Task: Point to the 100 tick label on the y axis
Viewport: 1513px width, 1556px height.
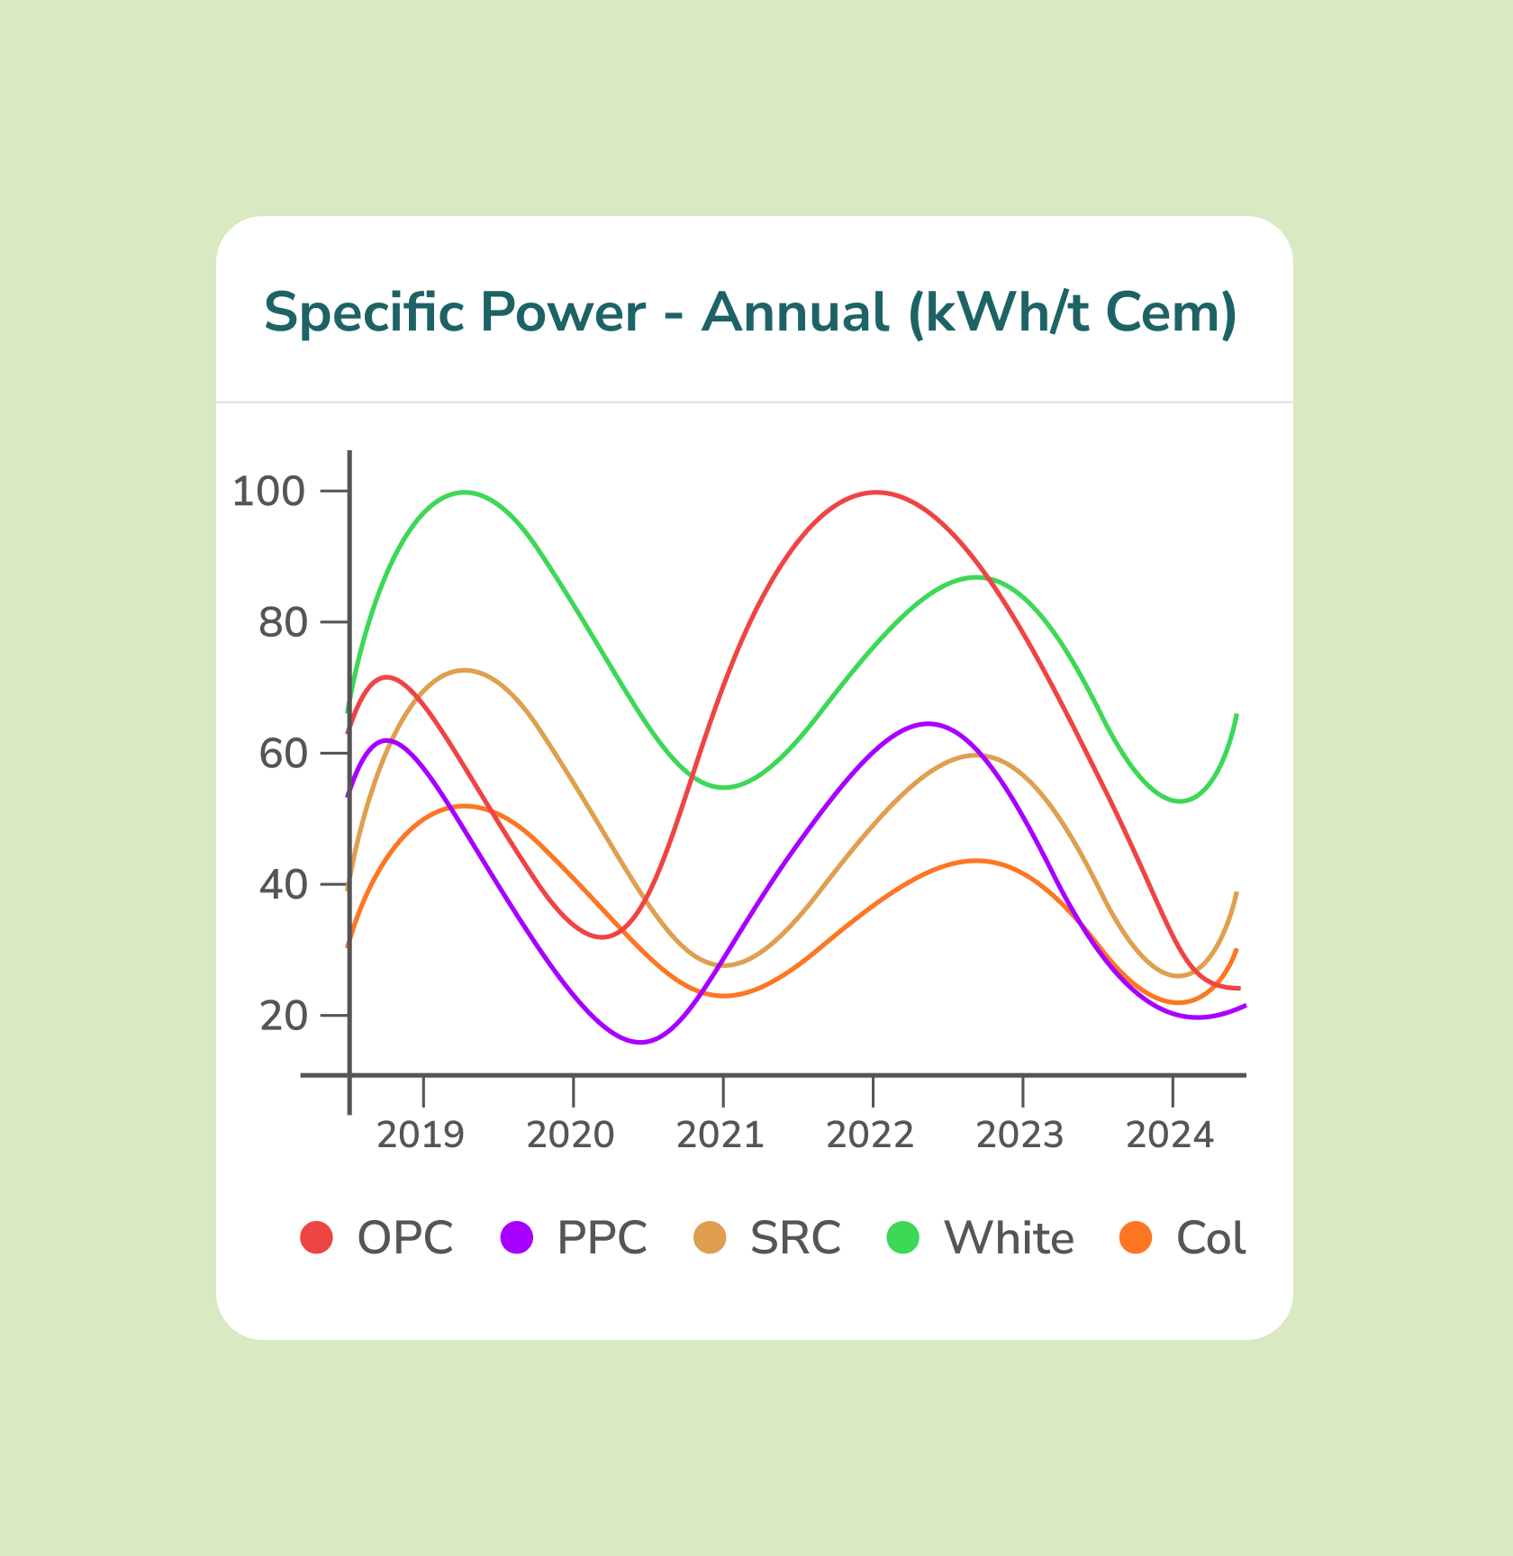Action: [269, 492]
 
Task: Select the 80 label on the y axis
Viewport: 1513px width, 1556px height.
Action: [283, 622]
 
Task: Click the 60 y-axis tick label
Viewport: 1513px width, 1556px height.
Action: [283, 754]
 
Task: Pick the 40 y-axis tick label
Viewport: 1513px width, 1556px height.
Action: [283, 885]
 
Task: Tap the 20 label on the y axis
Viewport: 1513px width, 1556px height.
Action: [283, 1017]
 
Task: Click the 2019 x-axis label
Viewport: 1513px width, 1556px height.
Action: [421, 1135]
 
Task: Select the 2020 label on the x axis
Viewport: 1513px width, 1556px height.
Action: [570, 1135]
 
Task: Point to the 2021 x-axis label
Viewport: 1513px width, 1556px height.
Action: [720, 1135]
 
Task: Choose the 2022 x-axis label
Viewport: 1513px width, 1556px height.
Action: [870, 1135]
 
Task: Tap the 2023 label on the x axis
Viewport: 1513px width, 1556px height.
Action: [1020, 1135]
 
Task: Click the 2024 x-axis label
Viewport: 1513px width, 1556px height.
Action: [1170, 1135]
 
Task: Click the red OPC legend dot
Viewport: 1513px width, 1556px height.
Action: [317, 1237]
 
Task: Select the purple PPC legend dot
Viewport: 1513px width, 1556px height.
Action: [516, 1237]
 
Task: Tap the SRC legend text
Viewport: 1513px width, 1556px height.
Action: [795, 1238]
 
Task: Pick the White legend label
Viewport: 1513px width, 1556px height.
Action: [1009, 1238]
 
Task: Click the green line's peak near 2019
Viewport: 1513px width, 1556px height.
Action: [465, 492]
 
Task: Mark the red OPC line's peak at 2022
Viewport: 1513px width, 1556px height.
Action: [876, 493]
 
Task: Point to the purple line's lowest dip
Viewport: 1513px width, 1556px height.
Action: [641, 1042]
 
